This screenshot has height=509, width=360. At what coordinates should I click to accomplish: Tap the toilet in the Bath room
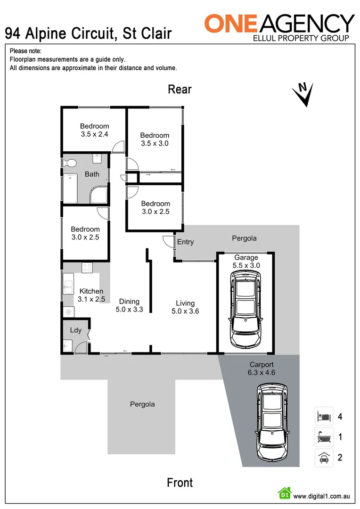pyautogui.click(x=70, y=163)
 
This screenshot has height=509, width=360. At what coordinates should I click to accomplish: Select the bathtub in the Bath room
pyautogui.click(x=70, y=188)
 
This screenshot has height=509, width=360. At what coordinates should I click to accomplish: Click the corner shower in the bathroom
pyautogui.click(x=99, y=194)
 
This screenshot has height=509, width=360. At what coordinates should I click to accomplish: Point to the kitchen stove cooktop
pyautogui.click(x=87, y=268)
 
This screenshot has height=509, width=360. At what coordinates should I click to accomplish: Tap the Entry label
pyautogui.click(x=185, y=242)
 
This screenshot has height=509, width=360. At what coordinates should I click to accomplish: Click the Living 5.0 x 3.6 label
pyautogui.click(x=185, y=307)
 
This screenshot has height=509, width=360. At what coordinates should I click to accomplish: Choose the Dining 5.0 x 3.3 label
pyautogui.click(x=129, y=305)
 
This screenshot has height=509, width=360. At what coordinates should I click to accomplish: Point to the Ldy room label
pyautogui.click(x=75, y=330)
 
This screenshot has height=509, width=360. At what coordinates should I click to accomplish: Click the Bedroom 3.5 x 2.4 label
pyautogui.click(x=94, y=130)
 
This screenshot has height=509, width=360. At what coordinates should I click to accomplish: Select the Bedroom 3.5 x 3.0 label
pyautogui.click(x=155, y=140)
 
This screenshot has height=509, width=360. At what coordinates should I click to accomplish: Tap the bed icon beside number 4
pyautogui.click(x=324, y=416)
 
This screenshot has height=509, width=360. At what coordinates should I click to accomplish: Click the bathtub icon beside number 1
pyautogui.click(x=324, y=437)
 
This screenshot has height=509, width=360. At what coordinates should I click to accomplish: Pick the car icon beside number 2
pyautogui.click(x=324, y=457)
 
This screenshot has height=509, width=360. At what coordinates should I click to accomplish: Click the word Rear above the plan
pyautogui.click(x=180, y=89)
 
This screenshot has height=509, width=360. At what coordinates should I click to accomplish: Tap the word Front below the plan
pyautogui.click(x=180, y=483)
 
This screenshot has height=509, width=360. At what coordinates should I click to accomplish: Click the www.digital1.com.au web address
pyautogui.click(x=321, y=496)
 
